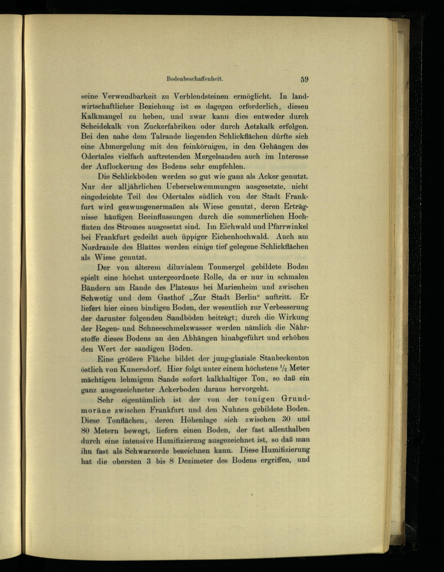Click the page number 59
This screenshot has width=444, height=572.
pos(304,79)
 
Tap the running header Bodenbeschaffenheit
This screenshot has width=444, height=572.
pos(194,79)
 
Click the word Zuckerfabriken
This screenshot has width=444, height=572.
pos(170,127)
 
